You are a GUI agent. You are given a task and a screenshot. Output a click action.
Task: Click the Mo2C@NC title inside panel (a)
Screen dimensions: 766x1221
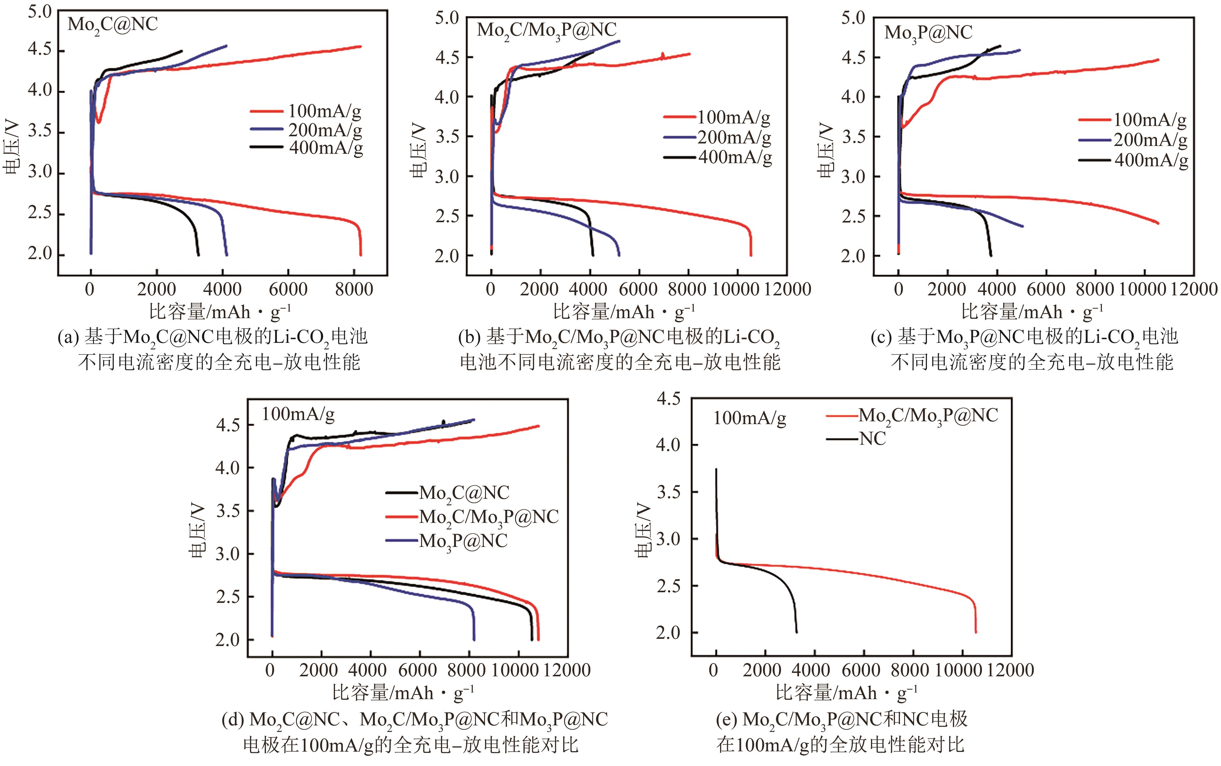[x=113, y=24]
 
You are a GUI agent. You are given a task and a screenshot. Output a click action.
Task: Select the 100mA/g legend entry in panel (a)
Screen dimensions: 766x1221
[x=325, y=111]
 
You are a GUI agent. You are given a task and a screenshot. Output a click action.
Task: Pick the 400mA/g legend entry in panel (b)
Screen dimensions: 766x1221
[x=735, y=158]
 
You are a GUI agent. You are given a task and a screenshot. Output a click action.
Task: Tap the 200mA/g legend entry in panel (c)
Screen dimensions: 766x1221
[x=1150, y=140]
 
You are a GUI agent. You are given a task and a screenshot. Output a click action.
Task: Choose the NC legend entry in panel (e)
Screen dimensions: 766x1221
[x=873, y=438]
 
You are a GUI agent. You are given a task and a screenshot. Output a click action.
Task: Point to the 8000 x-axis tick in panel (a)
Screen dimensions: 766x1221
[x=354, y=289]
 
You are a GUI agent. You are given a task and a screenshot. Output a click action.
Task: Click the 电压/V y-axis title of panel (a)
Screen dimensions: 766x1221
[x=12, y=147]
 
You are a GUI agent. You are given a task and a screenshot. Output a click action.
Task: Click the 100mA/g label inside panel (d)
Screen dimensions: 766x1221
[x=298, y=414]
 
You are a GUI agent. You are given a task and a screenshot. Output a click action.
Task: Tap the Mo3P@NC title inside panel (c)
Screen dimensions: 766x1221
[x=928, y=33]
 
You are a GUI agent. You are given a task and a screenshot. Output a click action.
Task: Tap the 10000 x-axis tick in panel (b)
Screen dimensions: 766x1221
[x=736, y=289]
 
